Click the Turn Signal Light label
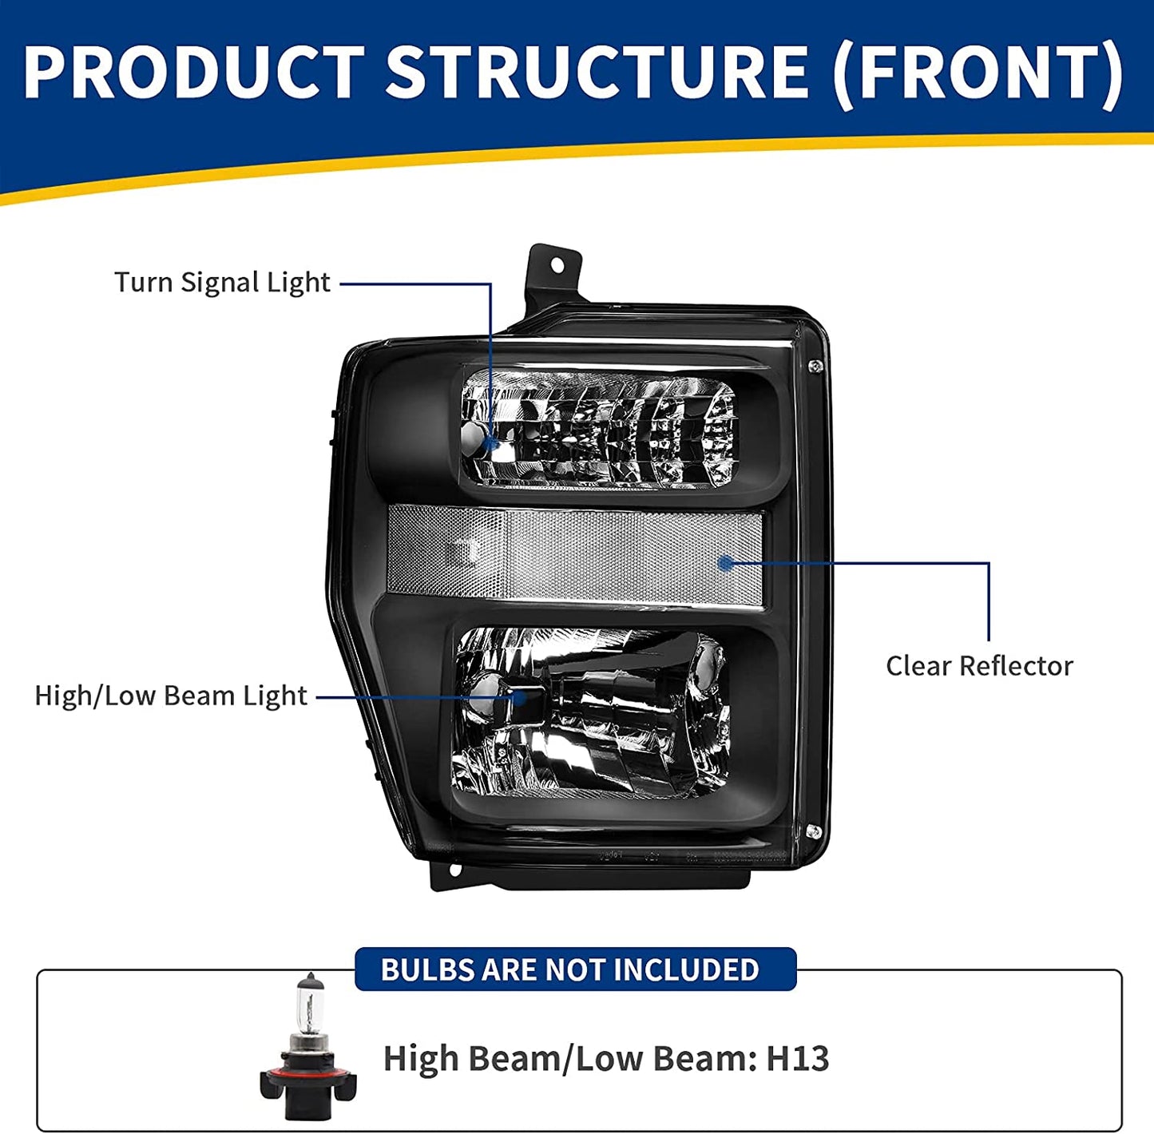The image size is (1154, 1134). pyautogui.click(x=222, y=282)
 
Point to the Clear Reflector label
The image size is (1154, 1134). pyautogui.click(x=979, y=665)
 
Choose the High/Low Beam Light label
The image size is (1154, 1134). pyautogui.click(x=171, y=696)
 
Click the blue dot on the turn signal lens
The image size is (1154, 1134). pyautogui.click(x=491, y=443)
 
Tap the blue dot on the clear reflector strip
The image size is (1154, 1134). pyautogui.click(x=725, y=562)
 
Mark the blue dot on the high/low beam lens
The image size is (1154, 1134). pyautogui.click(x=519, y=696)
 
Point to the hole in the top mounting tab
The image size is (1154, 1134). pyautogui.click(x=557, y=265)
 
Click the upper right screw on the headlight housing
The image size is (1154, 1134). pyautogui.click(x=815, y=366)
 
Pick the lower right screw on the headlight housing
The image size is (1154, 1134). pyautogui.click(x=814, y=831)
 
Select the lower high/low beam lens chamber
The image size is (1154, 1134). pyautogui.click(x=592, y=713)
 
